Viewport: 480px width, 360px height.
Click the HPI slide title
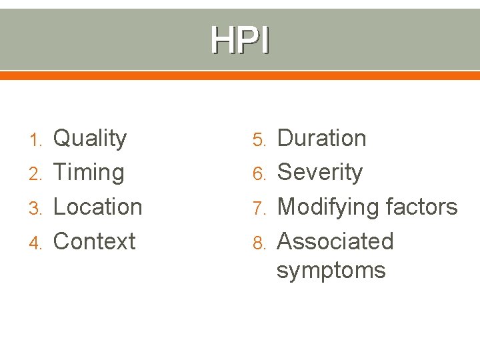point(240,40)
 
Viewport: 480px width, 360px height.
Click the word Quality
point(89,139)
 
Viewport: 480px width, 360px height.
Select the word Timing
point(88,173)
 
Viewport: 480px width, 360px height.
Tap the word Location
point(97,207)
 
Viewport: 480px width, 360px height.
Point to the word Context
point(94,241)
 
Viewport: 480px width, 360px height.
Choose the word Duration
point(321,139)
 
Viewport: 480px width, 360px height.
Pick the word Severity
point(319,173)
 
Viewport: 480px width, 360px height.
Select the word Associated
point(335,241)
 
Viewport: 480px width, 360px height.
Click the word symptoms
point(331,271)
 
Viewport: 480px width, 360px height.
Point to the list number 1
point(37,140)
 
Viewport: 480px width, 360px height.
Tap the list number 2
point(36,174)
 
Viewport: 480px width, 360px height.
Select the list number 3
point(36,208)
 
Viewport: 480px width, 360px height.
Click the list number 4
point(36,243)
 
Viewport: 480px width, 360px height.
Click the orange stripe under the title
point(240,75)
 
